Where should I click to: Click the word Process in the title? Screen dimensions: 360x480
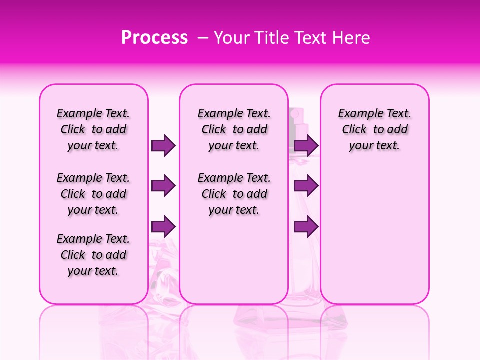(x=154, y=38)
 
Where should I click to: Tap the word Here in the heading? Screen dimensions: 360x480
(x=350, y=38)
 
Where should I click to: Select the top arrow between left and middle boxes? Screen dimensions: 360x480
(x=163, y=146)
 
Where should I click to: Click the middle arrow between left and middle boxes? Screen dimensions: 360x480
(x=163, y=186)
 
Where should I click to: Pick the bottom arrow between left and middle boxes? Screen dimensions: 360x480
(x=163, y=226)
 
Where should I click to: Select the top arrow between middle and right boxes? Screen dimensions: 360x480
(x=306, y=146)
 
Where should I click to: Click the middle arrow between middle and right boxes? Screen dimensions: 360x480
(x=306, y=186)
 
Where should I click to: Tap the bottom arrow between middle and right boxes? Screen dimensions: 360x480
(x=306, y=226)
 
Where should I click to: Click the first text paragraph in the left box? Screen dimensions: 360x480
(x=93, y=129)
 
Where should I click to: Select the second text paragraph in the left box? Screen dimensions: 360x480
(x=93, y=194)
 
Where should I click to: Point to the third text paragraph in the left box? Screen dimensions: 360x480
(x=93, y=255)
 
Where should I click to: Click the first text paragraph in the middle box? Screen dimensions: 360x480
(x=234, y=129)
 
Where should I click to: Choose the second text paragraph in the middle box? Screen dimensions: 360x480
(x=234, y=194)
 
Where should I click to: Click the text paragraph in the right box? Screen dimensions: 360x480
(x=374, y=129)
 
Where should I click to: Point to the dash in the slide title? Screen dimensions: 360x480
(x=203, y=38)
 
